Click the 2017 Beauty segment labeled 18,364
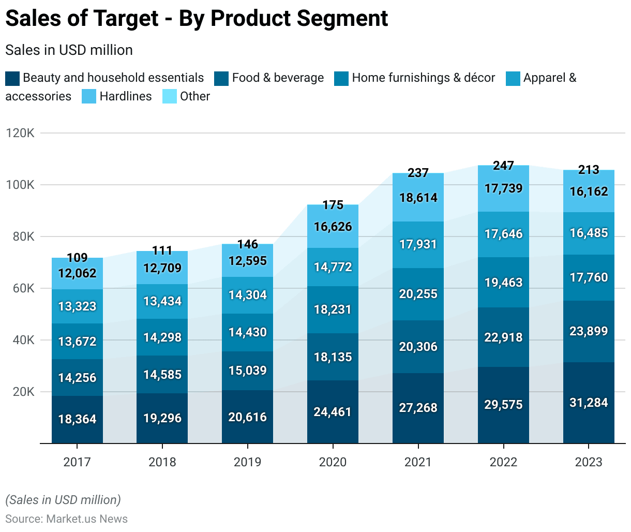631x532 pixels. coord(77,419)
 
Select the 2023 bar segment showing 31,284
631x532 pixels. coord(589,403)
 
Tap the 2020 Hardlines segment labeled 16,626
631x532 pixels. coord(333,227)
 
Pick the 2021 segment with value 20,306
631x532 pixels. coord(418,347)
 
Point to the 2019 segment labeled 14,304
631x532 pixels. coord(247,295)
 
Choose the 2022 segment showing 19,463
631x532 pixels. coord(503,283)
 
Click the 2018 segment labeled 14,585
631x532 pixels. coord(162,374)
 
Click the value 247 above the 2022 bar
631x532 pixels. coord(503,166)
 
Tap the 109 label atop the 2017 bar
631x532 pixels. coord(77,258)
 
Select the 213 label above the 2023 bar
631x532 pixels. coord(589,169)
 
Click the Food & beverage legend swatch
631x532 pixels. coord(222,78)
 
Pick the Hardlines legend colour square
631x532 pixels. coord(89,97)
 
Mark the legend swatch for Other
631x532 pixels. coord(170,97)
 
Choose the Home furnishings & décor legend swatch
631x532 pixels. coord(342,78)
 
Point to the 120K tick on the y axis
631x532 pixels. coord(20,133)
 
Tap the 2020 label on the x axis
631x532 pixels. coord(333,462)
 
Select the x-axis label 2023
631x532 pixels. coord(589,462)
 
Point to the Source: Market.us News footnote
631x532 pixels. coord(66,519)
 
